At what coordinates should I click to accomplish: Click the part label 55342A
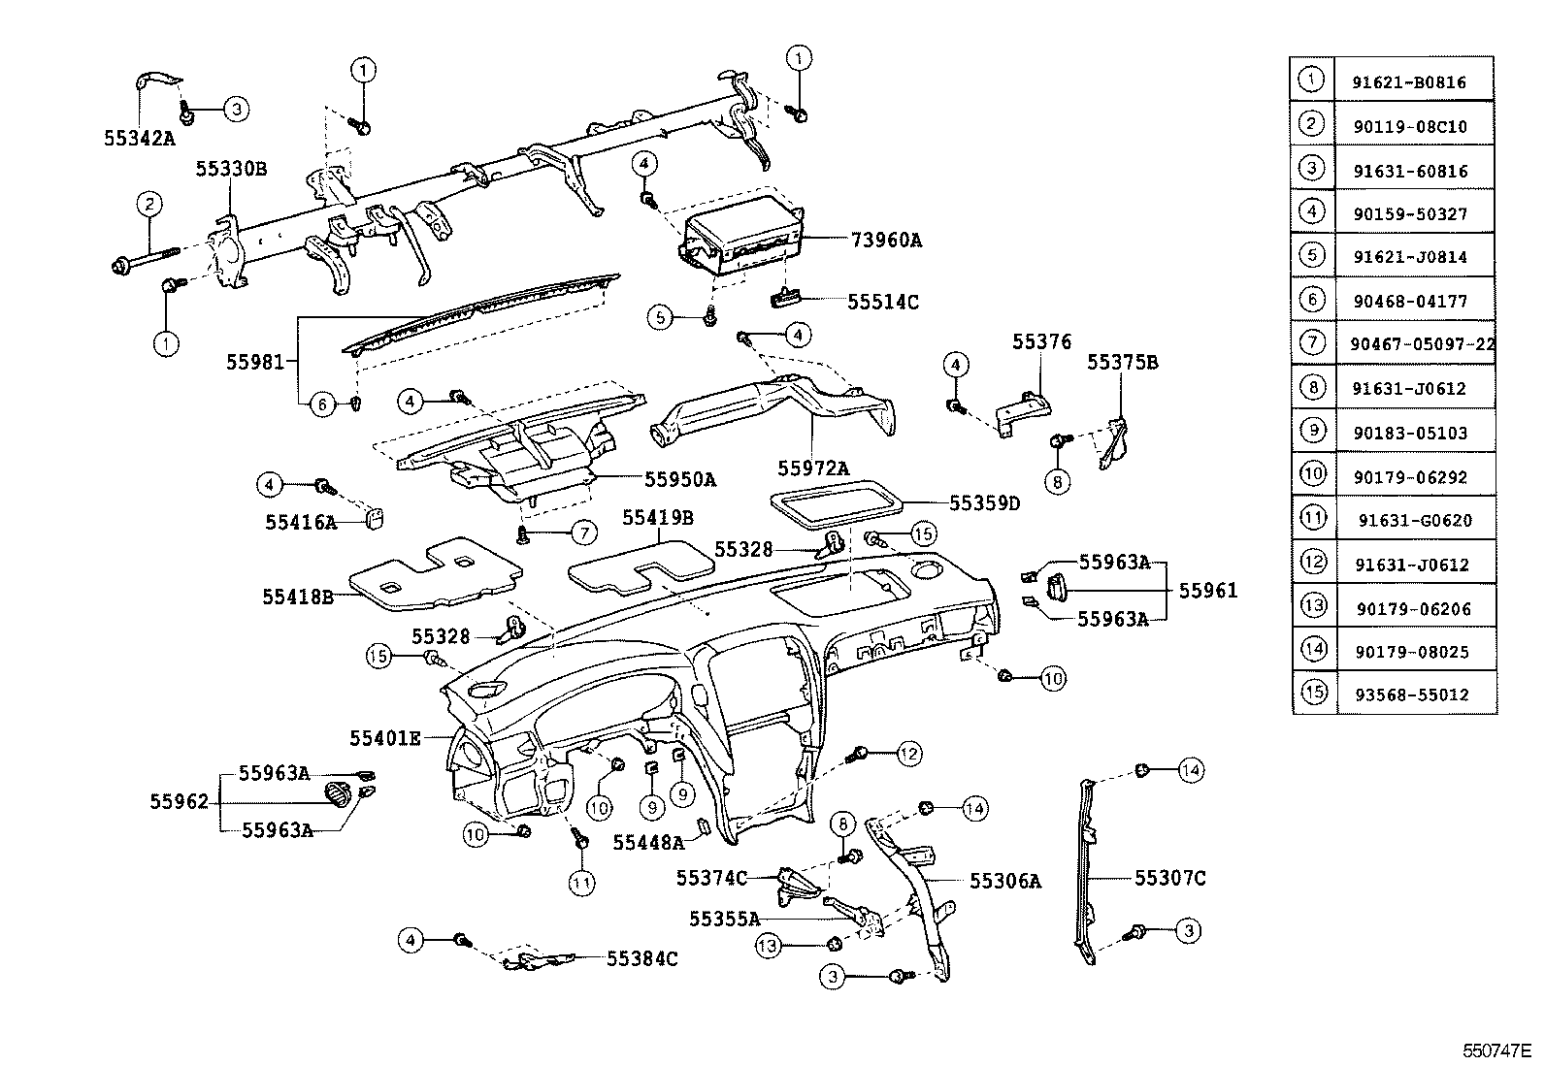(139, 138)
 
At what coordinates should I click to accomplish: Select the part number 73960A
(886, 240)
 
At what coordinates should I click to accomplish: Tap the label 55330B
(231, 169)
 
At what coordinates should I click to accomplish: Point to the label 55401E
(385, 738)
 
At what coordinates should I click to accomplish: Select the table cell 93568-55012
(1412, 695)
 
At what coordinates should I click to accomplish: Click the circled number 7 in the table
(1311, 341)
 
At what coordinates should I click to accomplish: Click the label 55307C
(1169, 878)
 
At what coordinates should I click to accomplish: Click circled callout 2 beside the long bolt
(148, 205)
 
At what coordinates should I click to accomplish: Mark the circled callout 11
(582, 882)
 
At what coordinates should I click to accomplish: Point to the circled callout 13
(769, 945)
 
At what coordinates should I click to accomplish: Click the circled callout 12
(908, 753)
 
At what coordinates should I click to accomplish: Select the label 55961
(1207, 590)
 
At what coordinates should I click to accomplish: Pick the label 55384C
(641, 958)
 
